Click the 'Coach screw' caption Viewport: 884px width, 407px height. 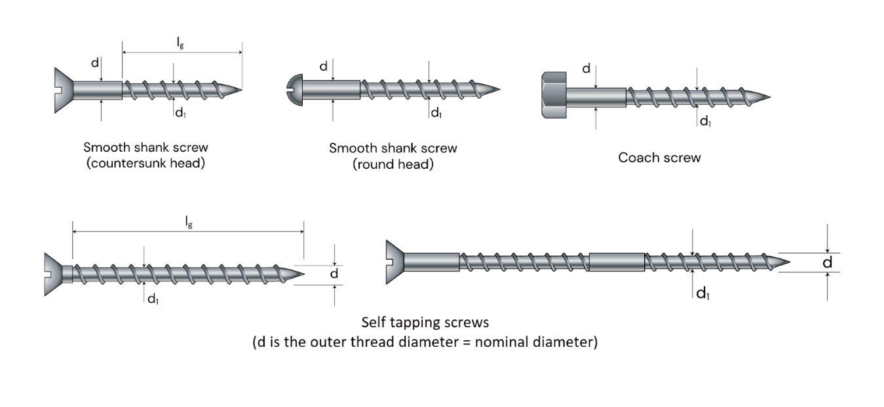tap(659, 158)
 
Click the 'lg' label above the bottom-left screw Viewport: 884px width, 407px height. tap(188, 223)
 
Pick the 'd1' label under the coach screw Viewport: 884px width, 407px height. tap(705, 121)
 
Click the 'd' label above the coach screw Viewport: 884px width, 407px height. tap(586, 69)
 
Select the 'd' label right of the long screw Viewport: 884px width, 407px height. tap(828, 262)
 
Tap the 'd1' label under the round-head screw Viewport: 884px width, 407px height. tap(436, 114)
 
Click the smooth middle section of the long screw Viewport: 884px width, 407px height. tap(617, 262)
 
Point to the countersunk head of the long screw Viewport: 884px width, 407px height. tap(394, 261)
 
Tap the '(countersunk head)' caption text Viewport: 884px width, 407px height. tap(145, 164)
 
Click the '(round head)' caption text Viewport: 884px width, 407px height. tap(393, 164)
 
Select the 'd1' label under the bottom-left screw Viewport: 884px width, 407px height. tap(153, 299)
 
